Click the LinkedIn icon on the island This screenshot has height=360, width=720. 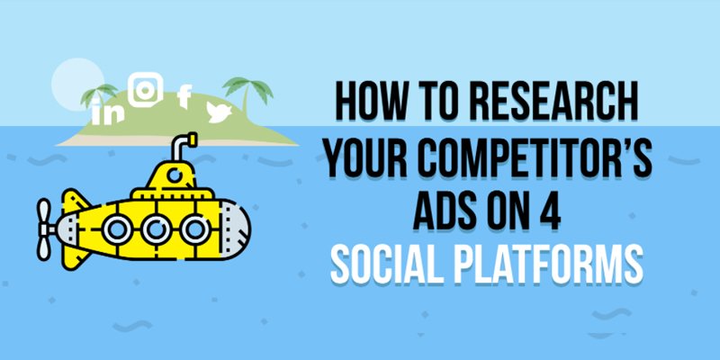[107, 112]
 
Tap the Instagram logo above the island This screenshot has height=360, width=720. [146, 89]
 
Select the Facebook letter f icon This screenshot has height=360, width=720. [184, 97]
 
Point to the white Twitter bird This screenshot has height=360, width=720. [219, 112]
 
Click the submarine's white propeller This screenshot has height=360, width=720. [44, 229]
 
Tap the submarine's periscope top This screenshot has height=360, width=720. [191, 139]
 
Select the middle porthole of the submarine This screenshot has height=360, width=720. [156, 229]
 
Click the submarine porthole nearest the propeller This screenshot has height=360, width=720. [117, 229]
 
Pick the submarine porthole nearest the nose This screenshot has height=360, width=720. [195, 229]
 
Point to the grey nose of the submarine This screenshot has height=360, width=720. [235, 229]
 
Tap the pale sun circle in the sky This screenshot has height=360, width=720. [77, 85]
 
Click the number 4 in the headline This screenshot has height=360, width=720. [549, 211]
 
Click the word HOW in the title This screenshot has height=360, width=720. [366, 103]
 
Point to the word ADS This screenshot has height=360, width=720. [444, 211]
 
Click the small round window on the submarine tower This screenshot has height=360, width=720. [174, 175]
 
